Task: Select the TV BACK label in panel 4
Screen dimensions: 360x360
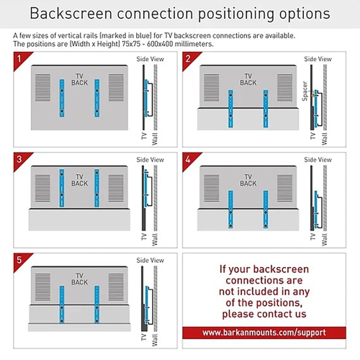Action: (248, 180)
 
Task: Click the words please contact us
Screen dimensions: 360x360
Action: (264, 314)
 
